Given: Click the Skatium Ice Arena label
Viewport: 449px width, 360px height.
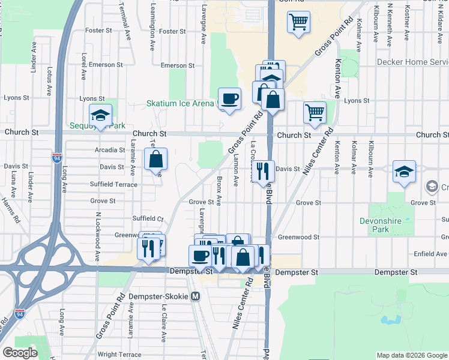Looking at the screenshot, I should tap(180, 103).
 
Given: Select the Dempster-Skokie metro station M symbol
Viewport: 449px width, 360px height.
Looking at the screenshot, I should tap(196, 296).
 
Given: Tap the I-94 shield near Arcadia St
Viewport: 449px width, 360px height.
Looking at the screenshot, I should tap(56, 158).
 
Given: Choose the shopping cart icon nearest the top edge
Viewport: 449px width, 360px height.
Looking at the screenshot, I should tap(298, 23).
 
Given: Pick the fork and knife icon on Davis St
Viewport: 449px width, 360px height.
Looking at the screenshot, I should tap(262, 172).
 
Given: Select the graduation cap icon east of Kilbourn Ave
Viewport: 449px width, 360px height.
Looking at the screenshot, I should tap(405, 172).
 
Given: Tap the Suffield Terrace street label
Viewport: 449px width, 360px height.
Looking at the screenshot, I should tap(113, 184).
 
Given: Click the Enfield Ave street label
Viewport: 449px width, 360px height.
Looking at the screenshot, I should tap(430, 254).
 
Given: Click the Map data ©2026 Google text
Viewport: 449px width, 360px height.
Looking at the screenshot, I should tap(412, 355).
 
